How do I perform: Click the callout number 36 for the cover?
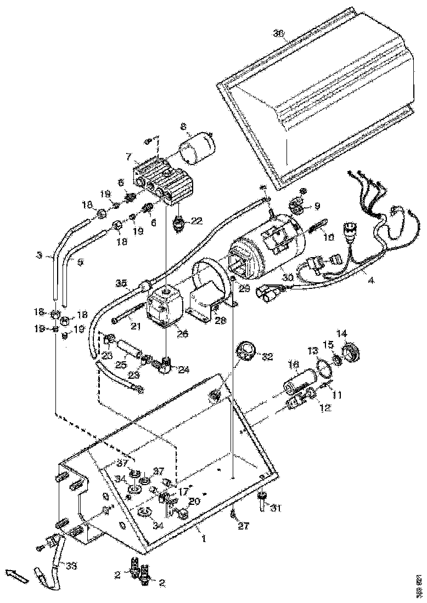pyautogui.click(x=279, y=33)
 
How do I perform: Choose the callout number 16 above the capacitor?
pyautogui.click(x=293, y=364)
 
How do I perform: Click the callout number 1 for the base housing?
pyautogui.click(x=204, y=539)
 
